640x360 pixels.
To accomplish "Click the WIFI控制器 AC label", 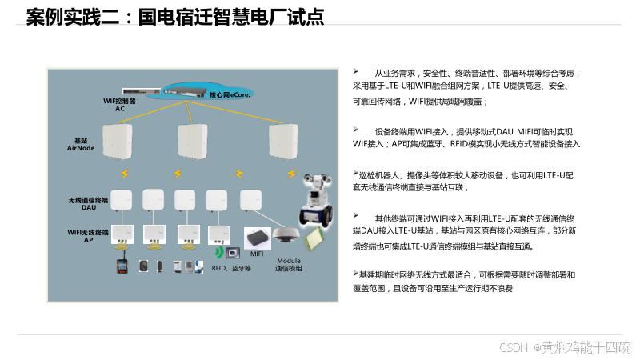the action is [120, 105].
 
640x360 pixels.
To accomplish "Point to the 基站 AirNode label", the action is [80, 144].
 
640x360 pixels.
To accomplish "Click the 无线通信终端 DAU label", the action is [87, 203].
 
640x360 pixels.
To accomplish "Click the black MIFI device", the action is [257, 238].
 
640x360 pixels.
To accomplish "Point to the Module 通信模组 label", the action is [289, 265].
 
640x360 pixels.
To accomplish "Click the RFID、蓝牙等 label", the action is [231, 268].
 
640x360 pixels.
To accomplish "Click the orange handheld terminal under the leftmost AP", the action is [122, 266].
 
